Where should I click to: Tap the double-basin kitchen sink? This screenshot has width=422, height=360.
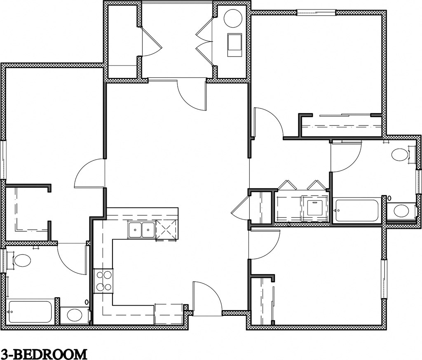[141, 230]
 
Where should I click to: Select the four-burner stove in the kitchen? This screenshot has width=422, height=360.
[103, 280]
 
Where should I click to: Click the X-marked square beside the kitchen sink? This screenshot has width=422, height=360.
[166, 230]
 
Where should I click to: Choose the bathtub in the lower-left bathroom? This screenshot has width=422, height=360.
[30, 312]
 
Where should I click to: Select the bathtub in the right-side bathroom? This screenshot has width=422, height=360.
[357, 211]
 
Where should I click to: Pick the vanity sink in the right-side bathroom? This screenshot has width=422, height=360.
[401, 211]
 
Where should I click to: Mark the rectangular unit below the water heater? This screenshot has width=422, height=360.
[235, 45]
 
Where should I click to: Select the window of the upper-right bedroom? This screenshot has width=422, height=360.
[316, 13]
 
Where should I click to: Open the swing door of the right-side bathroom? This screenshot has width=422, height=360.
[345, 157]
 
